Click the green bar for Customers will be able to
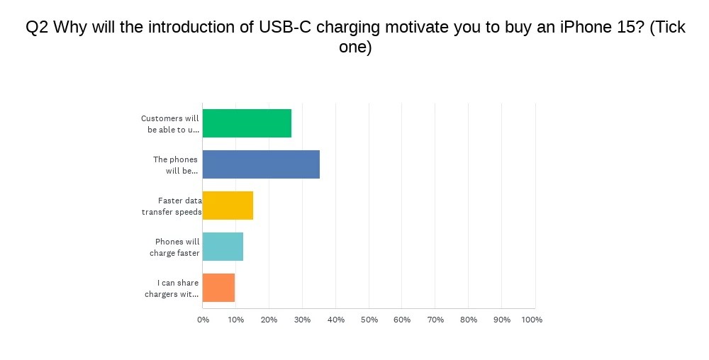click(x=247, y=123)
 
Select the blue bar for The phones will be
click(x=261, y=164)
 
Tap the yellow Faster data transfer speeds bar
click(x=228, y=206)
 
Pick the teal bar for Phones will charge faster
click(x=223, y=247)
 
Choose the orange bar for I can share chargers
click(x=218, y=288)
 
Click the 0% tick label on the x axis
click(x=203, y=320)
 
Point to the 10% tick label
click(x=235, y=320)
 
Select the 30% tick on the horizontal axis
click(x=302, y=320)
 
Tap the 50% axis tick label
click(x=369, y=320)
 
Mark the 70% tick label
click(x=435, y=320)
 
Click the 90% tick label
click(x=502, y=320)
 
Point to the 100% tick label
click(x=532, y=320)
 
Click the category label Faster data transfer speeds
click(x=172, y=206)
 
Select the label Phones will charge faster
click(x=175, y=247)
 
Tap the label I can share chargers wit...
click(x=172, y=288)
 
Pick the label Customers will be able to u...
click(x=170, y=124)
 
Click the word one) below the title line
click(x=355, y=47)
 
